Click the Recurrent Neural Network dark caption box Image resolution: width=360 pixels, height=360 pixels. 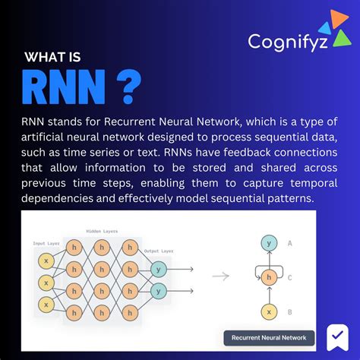pyautogui.click(x=268, y=337)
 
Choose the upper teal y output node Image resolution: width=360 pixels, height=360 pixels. pyautogui.click(x=159, y=269)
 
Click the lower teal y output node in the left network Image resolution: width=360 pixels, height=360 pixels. pyautogui.click(x=159, y=289)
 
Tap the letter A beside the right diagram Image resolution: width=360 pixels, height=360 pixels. pyautogui.click(x=291, y=244)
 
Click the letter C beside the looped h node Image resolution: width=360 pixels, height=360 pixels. pyautogui.click(x=291, y=277)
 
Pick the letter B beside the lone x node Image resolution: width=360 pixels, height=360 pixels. pyautogui.click(x=291, y=311)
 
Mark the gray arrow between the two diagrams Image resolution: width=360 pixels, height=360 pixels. pyautogui.click(x=220, y=277)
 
